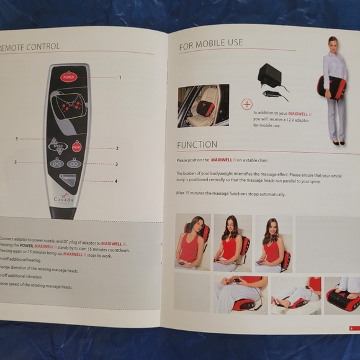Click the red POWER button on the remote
68,78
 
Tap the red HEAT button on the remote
77,147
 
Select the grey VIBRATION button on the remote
68,180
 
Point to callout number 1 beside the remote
120,78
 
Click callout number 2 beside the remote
117,148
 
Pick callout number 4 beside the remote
115,181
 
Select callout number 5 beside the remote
17,138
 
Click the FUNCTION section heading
197,145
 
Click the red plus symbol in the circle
247,104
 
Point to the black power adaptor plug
270,76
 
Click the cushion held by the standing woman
333,88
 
